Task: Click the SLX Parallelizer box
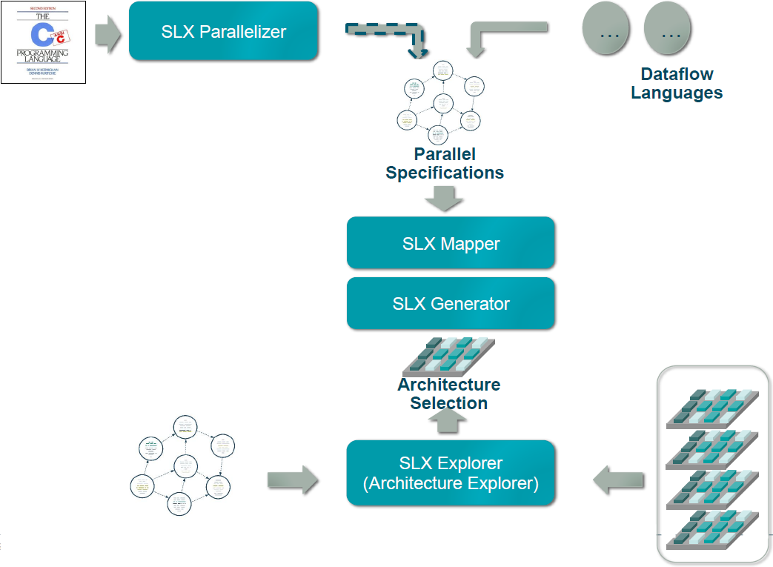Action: [223, 31]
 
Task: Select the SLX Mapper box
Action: [451, 243]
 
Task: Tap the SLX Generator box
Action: [451, 303]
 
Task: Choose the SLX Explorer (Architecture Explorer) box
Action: [451, 473]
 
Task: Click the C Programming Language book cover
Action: [44, 42]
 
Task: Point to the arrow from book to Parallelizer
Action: [108, 37]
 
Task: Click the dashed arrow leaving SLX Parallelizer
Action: [389, 33]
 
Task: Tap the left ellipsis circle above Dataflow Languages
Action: [606, 31]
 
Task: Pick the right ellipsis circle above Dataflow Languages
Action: [668, 31]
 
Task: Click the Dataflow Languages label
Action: [677, 84]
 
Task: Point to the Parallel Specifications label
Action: [445, 164]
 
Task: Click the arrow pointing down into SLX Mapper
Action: [444, 198]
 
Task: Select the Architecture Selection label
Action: [448, 394]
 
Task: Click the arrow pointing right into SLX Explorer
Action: [292, 480]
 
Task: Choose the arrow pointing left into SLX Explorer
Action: [618, 480]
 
